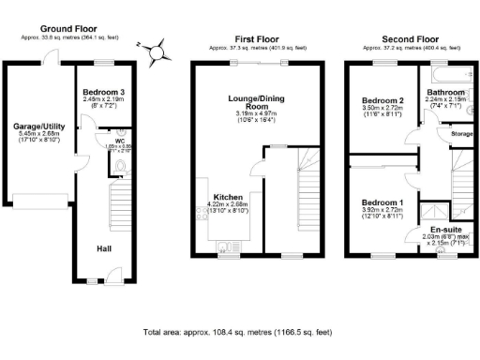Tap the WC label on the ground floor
click(120, 142)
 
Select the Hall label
click(106, 248)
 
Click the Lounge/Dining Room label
click(256, 102)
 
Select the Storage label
click(461, 134)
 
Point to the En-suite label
click(445, 229)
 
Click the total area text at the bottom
click(238, 332)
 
